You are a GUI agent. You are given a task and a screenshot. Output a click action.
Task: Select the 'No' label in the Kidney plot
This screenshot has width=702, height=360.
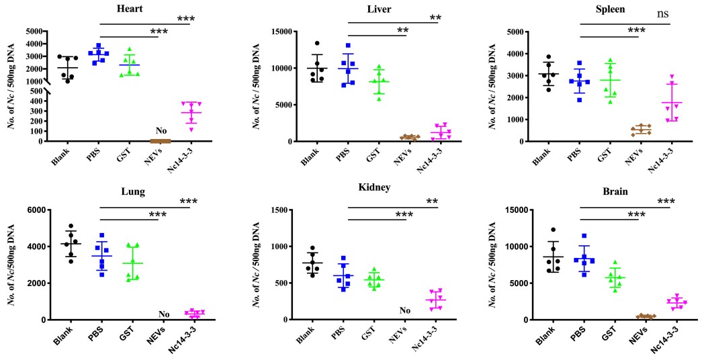404,310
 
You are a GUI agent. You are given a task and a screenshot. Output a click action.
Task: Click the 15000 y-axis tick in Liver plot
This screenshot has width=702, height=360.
297,32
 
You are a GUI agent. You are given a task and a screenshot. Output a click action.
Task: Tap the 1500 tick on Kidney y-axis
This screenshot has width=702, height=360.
300,210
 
